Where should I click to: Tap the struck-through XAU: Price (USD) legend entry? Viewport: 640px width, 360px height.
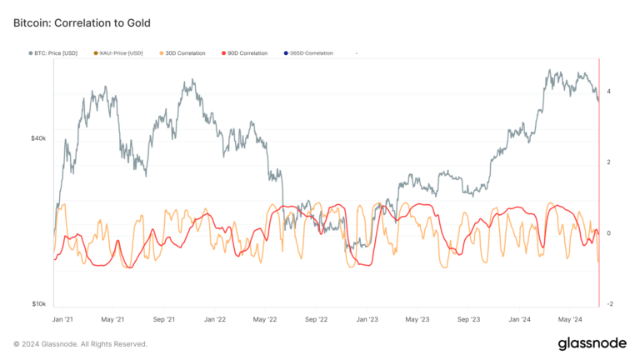120,53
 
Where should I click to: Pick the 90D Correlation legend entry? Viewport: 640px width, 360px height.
245,53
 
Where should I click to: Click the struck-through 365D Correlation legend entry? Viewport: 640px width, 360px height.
307,53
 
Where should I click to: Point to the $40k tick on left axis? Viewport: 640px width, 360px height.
38,138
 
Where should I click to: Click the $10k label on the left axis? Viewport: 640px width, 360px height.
38,304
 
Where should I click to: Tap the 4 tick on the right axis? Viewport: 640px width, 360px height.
610,91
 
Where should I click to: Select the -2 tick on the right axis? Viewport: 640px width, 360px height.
610,304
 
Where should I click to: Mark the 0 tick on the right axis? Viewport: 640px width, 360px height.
610,233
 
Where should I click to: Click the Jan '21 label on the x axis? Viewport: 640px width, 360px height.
63,319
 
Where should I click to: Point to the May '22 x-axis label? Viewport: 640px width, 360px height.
265,319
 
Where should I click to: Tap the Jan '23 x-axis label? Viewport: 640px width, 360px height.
367,319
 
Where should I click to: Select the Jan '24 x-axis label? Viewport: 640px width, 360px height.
520,319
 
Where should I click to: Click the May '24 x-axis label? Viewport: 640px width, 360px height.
570,319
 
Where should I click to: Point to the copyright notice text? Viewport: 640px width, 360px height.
81,343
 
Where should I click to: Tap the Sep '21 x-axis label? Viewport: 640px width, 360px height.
164,319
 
